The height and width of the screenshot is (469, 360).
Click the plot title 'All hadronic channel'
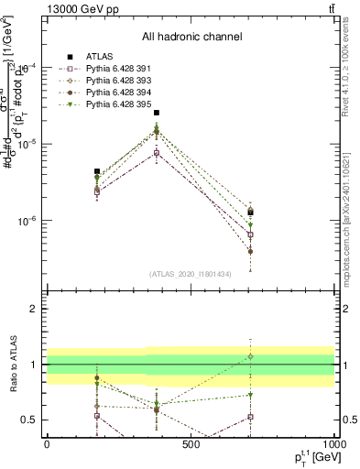pos(191,37)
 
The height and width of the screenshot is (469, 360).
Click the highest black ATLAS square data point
pos(157,113)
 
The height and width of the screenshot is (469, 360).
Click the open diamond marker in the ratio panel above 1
pos(250,356)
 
